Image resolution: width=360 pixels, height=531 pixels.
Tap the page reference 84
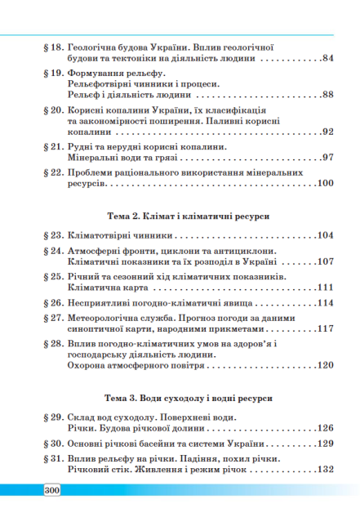[328, 59]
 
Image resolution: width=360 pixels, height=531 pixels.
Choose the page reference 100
[325, 184]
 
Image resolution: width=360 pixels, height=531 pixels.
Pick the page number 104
[325, 235]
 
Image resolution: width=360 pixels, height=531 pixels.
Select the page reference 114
[325, 303]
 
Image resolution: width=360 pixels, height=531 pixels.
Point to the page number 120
[325, 365]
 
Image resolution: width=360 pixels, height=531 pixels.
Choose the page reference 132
[325, 470]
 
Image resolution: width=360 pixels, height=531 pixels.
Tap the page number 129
[325, 444]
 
